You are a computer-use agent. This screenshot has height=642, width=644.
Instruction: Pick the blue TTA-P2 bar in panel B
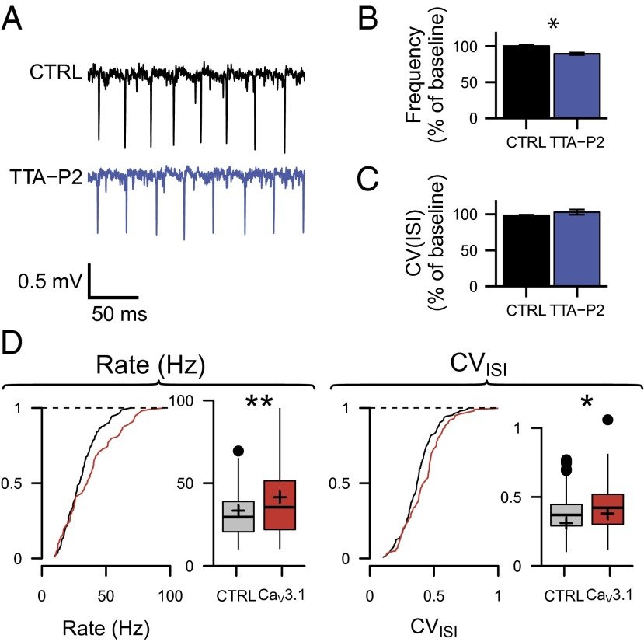pyautogui.click(x=576, y=86)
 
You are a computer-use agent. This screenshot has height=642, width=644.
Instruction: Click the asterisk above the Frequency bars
pyautogui.click(x=552, y=26)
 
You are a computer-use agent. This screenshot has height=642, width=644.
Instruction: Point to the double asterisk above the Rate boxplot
pyautogui.click(x=263, y=403)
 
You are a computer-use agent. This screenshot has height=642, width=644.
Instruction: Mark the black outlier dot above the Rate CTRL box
pyautogui.click(x=238, y=451)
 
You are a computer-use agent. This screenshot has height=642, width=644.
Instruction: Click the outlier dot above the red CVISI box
pyautogui.click(x=607, y=420)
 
